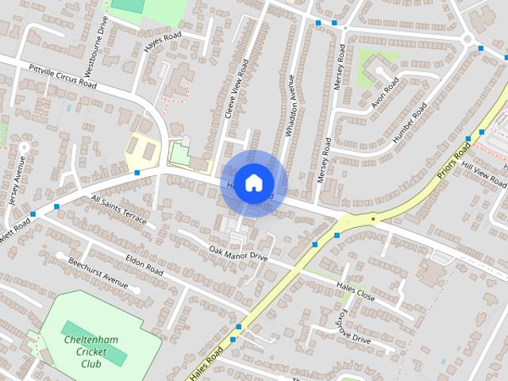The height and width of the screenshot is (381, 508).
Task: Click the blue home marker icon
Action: click(x=253, y=183)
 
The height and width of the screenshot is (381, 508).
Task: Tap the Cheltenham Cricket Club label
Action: click(x=90, y=352)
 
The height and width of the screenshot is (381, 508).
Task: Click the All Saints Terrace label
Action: click(x=118, y=210)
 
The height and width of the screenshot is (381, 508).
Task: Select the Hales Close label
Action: click(x=355, y=291)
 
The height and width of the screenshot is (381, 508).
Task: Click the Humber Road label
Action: click(x=410, y=121)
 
